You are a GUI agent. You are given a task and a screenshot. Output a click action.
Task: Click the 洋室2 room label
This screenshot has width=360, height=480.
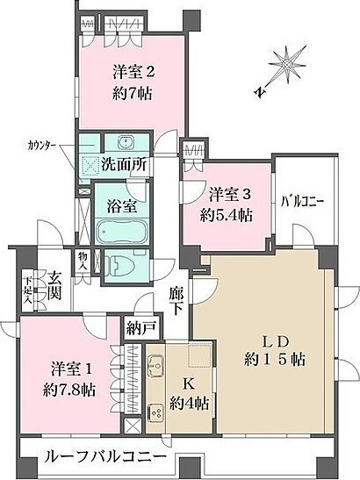point(133,74)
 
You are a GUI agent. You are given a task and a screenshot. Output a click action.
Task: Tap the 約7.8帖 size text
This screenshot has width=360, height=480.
point(69,390)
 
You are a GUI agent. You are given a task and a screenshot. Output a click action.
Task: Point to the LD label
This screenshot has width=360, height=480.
point(275,341)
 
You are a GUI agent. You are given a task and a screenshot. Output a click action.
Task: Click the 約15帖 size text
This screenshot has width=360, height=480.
point(275,360)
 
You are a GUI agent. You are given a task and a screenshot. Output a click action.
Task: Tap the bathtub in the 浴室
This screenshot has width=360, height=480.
point(122,231)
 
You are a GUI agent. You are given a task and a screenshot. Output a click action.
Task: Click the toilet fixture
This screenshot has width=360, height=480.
point(123,265)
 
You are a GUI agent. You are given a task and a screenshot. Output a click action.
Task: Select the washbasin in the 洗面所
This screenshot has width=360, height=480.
point(126,141)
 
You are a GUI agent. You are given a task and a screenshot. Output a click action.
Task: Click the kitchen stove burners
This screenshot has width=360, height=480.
point(155,412)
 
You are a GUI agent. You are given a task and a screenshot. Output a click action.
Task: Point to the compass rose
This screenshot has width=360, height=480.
point(287,65)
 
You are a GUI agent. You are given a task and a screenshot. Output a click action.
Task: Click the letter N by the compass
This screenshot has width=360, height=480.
point(261,91)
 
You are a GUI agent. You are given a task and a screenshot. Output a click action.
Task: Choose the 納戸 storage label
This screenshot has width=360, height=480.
point(141,328)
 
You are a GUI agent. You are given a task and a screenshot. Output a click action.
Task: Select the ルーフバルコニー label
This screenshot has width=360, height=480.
point(105,458)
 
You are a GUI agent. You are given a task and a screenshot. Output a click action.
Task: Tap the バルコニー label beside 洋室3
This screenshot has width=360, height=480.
point(302,203)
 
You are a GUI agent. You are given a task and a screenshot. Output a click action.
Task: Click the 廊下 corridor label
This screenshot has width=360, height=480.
point(176,302)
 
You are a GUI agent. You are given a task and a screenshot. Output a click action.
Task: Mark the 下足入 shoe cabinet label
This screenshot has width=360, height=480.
point(28,290)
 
